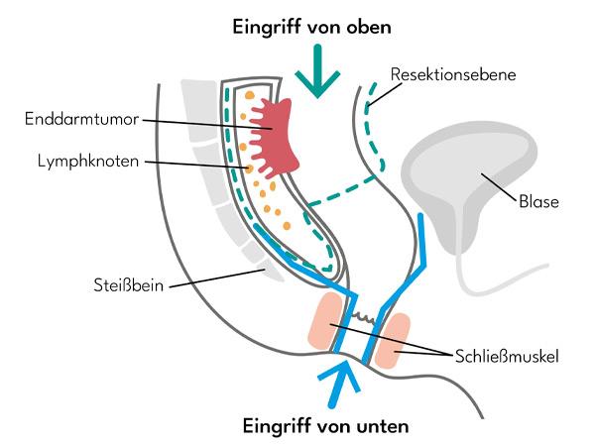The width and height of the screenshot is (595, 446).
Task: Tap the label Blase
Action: coord(537,201)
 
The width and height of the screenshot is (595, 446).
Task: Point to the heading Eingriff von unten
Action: coord(327,426)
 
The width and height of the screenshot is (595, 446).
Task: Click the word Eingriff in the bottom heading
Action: coord(277,426)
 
